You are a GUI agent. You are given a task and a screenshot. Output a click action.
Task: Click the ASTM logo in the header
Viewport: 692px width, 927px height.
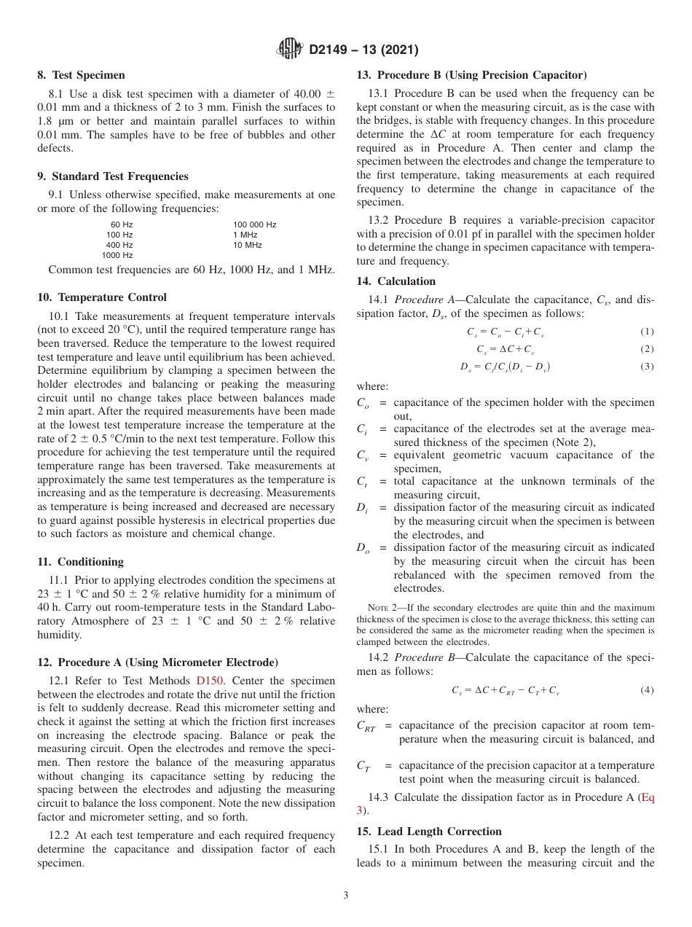290,50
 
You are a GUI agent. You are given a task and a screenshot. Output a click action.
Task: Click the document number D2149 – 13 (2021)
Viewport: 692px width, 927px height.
363,50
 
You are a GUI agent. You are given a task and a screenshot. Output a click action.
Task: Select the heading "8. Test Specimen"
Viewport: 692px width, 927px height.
81,75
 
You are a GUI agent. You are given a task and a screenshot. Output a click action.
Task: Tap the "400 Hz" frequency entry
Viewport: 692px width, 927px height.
119,245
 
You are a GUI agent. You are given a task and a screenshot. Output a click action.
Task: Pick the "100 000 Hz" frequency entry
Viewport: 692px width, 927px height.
254,224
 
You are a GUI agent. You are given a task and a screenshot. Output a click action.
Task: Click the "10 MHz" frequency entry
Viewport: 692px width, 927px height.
247,245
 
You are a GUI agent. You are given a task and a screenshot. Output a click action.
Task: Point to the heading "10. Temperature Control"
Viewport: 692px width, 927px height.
102,297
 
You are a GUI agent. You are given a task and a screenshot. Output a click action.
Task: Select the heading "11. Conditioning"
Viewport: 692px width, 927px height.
80,562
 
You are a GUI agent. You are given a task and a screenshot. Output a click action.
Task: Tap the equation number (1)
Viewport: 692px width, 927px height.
647,332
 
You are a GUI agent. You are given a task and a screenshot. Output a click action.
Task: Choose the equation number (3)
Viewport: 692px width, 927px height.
647,367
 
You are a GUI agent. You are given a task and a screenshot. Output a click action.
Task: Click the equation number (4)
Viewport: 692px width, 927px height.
647,689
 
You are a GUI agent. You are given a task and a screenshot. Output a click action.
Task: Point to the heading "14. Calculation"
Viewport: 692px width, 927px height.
396,281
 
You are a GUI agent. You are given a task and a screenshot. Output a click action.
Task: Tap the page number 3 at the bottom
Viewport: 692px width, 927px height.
346,895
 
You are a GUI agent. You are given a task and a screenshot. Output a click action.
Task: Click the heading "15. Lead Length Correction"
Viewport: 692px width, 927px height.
429,832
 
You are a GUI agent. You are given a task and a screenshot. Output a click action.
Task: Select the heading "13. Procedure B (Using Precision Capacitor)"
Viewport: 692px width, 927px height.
471,75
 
